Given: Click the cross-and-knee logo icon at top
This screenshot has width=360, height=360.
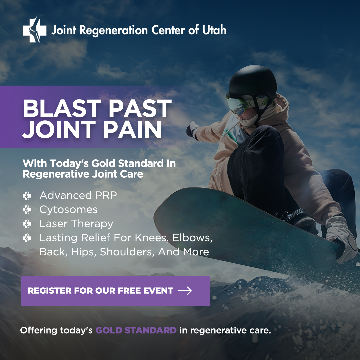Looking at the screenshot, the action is (34, 29).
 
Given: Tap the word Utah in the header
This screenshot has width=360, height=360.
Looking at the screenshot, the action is (214, 30).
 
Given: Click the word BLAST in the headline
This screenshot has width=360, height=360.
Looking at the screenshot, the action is (62, 108).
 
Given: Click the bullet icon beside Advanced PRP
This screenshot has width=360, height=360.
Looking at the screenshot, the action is (27, 196).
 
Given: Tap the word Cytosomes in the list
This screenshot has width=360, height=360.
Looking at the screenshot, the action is (68, 210).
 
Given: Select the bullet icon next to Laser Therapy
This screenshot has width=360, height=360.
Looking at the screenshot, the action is (27, 224).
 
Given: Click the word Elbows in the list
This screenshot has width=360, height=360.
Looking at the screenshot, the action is (192, 238).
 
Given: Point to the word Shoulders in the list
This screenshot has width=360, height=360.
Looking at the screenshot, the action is (127, 252).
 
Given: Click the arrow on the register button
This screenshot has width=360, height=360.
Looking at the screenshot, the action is (185, 291).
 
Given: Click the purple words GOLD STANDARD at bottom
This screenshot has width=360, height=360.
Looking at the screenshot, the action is (136, 330).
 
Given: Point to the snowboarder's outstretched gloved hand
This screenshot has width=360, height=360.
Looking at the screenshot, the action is (192, 130).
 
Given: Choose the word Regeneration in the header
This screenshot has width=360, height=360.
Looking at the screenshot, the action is (114, 31).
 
